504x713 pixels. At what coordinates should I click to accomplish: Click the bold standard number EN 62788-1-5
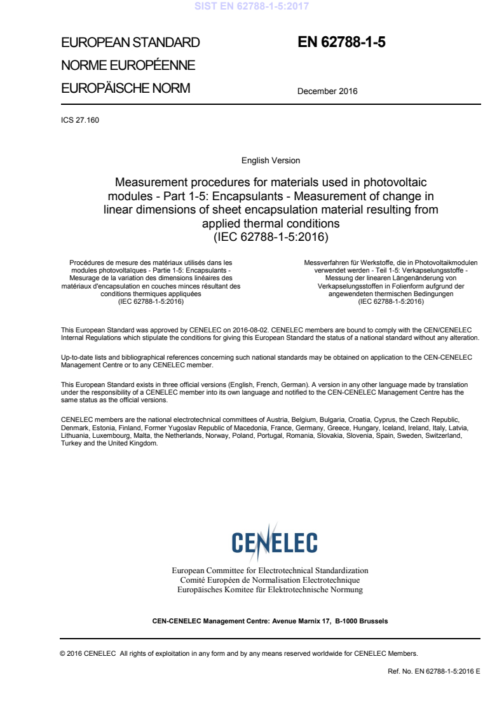point(341,43)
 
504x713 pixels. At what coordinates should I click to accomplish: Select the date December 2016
point(327,91)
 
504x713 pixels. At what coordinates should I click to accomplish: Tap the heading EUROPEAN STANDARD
point(130,43)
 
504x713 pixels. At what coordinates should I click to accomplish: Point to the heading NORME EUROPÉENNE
point(128,65)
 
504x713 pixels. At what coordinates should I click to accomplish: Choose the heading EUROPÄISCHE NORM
point(125,88)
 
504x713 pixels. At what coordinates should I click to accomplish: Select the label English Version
point(271,161)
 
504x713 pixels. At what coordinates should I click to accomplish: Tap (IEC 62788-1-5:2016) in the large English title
point(271,237)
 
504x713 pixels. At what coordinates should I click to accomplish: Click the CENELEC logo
point(274,542)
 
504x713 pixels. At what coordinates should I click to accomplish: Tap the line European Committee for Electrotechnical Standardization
point(270,571)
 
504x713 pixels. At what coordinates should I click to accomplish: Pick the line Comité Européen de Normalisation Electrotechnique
point(270,580)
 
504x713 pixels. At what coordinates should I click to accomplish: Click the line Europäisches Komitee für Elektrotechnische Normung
point(270,590)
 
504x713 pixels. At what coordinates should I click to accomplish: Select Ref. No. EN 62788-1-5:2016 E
point(433,671)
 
